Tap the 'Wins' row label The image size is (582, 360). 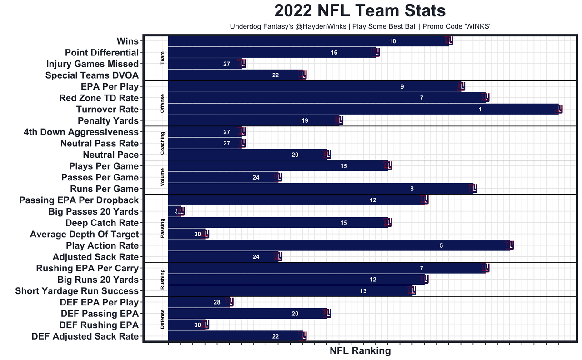[x=127, y=41]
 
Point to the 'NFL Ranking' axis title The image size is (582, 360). [x=360, y=350]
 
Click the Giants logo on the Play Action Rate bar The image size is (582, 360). [x=510, y=245]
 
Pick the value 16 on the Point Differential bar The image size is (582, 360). [x=334, y=53]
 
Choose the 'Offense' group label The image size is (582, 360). [x=162, y=103]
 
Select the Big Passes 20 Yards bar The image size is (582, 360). [x=174, y=211]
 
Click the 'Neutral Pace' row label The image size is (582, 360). [x=110, y=155]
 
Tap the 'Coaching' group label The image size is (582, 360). [x=162, y=143]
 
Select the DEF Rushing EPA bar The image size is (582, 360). [x=186, y=325]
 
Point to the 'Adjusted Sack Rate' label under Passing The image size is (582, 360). [x=95, y=257]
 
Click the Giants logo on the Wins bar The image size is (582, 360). [x=448, y=41]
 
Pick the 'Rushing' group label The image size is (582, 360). [x=162, y=279]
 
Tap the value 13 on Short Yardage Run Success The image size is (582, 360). [x=363, y=291]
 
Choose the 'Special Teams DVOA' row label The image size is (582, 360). [x=92, y=75]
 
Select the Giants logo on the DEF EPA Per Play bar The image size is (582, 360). [x=229, y=302]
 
